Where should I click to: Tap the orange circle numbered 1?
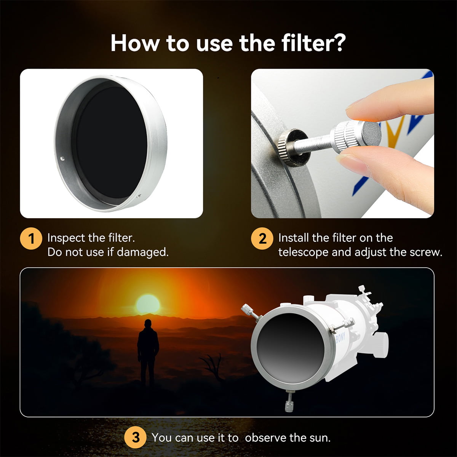point(31,239)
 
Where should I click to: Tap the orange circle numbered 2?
point(262,239)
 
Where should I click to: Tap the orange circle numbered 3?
point(136,438)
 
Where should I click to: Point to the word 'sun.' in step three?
point(320,438)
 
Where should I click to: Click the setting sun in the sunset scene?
point(148,304)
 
